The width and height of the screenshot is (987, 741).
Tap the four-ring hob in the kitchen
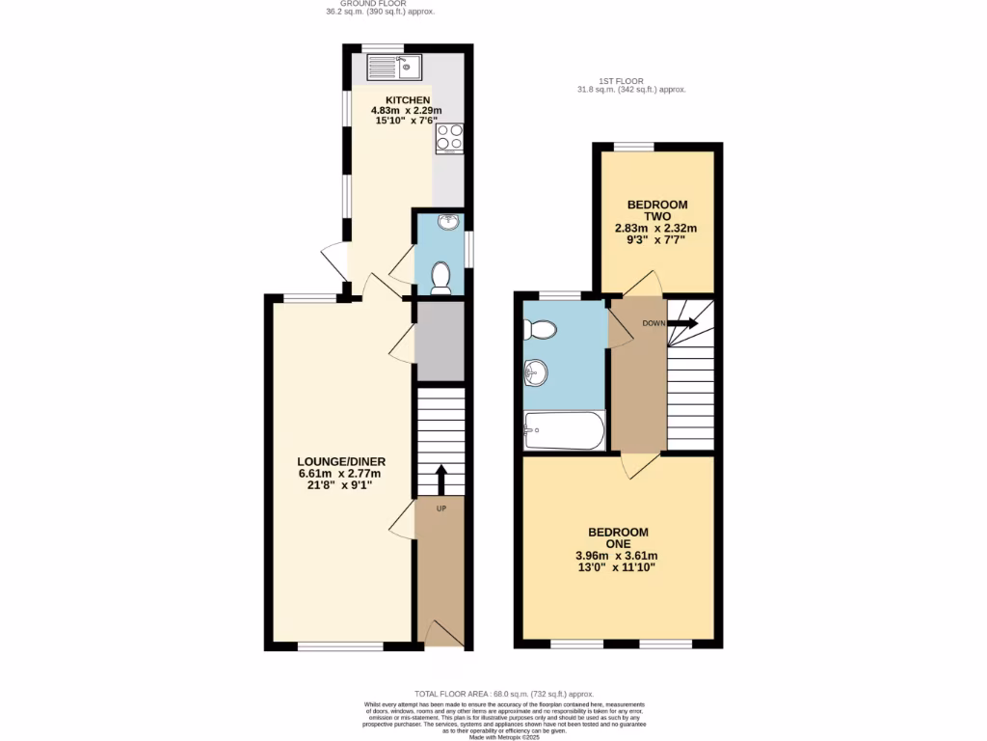tap(449, 138)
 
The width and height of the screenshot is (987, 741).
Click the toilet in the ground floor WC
tap(440, 277)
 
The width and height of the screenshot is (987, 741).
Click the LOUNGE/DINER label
tap(340, 461)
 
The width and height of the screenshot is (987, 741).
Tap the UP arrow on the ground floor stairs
tap(441, 480)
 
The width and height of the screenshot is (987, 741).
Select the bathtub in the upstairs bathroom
tap(564, 431)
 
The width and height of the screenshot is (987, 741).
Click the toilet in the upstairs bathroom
tap(539, 330)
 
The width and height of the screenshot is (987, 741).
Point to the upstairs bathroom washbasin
tap(536, 371)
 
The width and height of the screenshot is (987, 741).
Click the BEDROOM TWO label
tap(657, 210)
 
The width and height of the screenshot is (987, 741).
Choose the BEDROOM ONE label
tap(618, 537)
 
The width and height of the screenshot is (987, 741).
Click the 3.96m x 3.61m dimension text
tap(618, 555)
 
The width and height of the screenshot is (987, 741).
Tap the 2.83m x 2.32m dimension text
tap(655, 229)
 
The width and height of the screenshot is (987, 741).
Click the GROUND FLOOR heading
tap(381, 5)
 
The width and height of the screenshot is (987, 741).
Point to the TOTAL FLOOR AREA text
tap(504, 694)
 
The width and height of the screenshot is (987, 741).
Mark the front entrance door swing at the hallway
tap(441, 634)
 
